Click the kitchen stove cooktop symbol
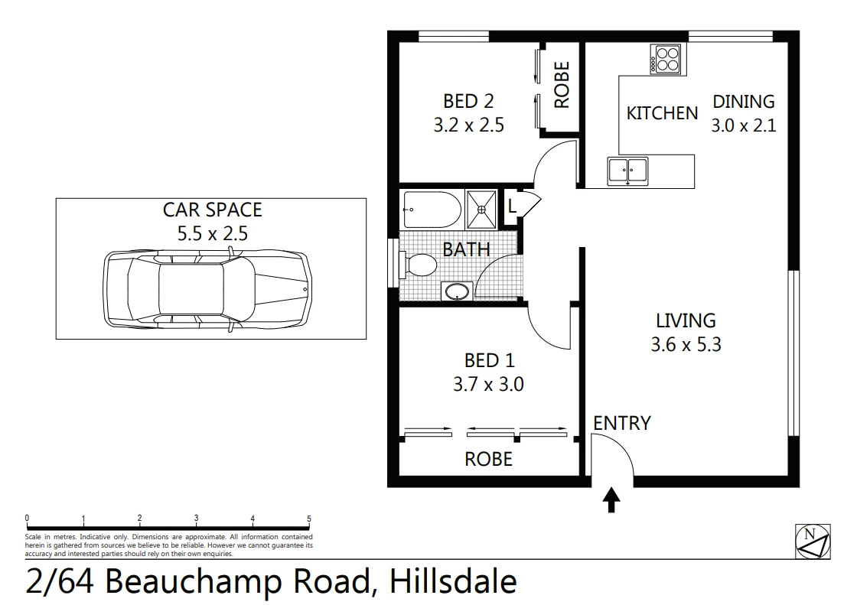click(665, 60)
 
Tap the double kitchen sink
click(627, 171)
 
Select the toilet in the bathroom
click(418, 265)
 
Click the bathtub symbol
click(432, 210)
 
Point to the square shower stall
click(481, 210)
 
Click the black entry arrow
click(611, 499)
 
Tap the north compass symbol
click(813, 541)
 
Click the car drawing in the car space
click(207, 290)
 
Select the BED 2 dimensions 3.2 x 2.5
click(469, 125)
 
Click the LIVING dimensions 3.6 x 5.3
click(686, 344)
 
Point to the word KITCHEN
click(662, 113)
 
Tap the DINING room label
click(743, 102)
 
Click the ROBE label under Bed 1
click(489, 459)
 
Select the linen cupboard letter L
click(512, 207)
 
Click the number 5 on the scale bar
click(309, 519)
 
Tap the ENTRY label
click(622, 423)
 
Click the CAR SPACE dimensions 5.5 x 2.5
click(213, 233)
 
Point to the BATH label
click(466, 249)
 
